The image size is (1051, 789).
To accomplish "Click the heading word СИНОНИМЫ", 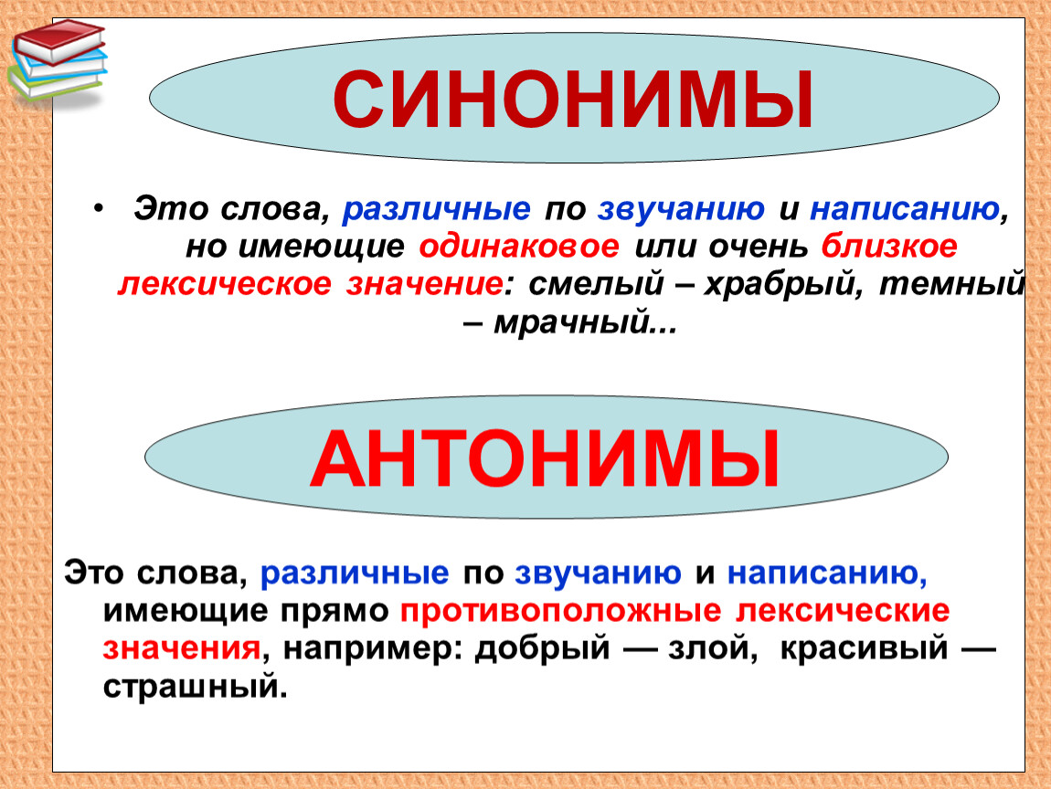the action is pos(573,100).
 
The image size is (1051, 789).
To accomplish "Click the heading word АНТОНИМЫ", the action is pos(545,458).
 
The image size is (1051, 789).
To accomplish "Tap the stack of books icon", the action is pos(58,60).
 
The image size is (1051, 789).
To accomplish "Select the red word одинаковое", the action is pos(519,247).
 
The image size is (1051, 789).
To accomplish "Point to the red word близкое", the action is pos(889,247).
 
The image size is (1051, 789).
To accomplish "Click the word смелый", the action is pos(596,284).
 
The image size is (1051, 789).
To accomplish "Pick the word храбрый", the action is pos(778,285).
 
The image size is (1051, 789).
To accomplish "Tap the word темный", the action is pos(951,284).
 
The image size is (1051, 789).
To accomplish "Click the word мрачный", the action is pos(572,323).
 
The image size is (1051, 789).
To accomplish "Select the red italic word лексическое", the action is pos(225,284).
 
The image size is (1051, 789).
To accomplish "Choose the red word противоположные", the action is pos(560,611).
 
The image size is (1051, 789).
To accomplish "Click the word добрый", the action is pos(542,648).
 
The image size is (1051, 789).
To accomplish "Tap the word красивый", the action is pos(864,648).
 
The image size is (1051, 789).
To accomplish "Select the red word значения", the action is pos(182,648).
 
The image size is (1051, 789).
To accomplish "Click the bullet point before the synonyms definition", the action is pos(99,210).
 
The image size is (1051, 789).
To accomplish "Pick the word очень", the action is pos(758,247).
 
